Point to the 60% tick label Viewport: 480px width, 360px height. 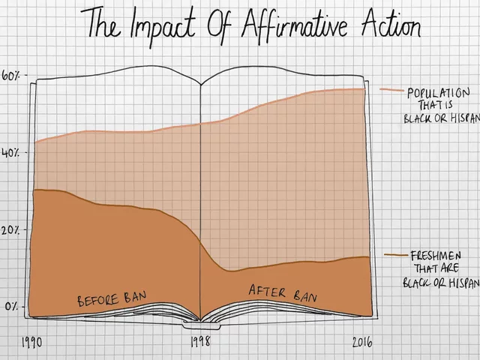pyautogui.click(x=13, y=76)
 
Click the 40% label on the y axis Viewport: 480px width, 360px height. pyautogui.click(x=13, y=152)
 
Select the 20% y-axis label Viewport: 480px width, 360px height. pyautogui.click(x=13, y=229)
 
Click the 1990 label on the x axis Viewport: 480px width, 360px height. pyautogui.click(x=31, y=341)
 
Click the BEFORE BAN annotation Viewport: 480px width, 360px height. pyautogui.click(x=112, y=298)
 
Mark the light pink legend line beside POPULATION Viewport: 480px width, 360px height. pyautogui.click(x=391, y=90)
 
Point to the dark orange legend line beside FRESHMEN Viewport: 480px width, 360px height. pyautogui.click(x=395, y=255)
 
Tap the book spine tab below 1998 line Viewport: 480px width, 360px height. pyautogui.click(x=199, y=325)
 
